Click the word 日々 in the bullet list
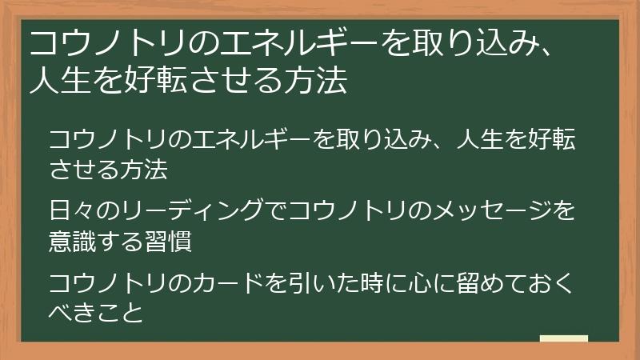(x=66, y=211)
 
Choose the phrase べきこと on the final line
(x=96, y=312)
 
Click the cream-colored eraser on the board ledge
(x=563, y=338)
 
